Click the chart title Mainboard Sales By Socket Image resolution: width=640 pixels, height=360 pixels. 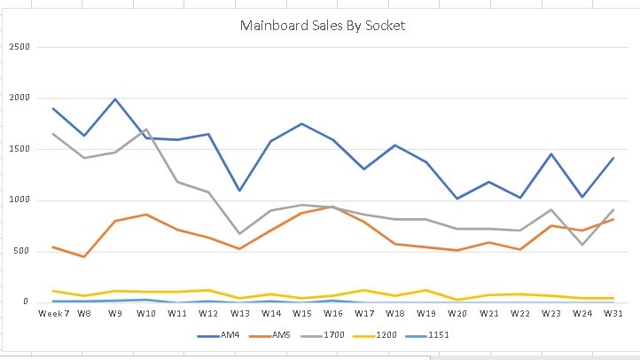tap(323, 26)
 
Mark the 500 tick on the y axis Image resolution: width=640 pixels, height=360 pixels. tap(21, 251)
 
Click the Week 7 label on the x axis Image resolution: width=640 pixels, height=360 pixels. tap(53, 313)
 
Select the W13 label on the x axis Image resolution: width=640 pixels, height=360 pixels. tap(239, 313)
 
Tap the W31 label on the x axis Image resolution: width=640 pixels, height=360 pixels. tap(612, 313)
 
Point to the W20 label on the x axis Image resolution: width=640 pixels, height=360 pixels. tap(457, 313)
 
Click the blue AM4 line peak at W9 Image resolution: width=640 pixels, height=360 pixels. tap(115, 99)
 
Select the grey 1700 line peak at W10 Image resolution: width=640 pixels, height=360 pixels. tap(146, 129)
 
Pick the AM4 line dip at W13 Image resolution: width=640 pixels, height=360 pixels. tap(239, 190)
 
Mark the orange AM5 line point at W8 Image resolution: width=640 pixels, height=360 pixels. tap(84, 256)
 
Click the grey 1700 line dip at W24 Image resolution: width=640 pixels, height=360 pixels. tap(581, 244)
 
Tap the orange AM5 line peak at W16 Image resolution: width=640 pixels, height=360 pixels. tap(332, 207)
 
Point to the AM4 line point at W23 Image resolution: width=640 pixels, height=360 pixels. tap(550, 154)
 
